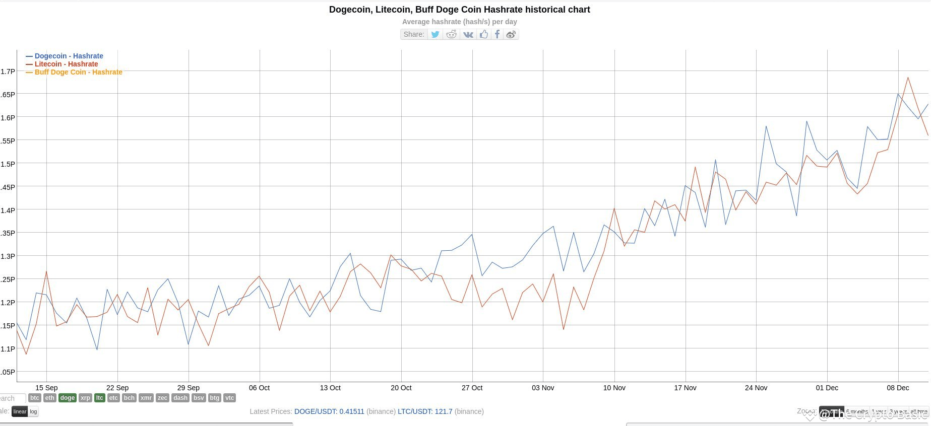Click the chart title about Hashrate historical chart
coord(459,10)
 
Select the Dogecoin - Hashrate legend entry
coord(69,56)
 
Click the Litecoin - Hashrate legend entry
coord(66,64)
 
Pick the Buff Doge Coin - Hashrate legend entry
coord(78,72)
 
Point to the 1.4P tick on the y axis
coord(8,210)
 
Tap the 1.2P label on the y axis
coord(8,302)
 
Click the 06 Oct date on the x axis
coord(259,388)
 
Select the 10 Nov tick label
coord(614,388)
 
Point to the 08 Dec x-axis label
coord(898,388)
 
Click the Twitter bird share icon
coord(435,34)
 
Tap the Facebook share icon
coord(497,34)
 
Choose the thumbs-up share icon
coord(483,34)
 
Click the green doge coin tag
coord(67,398)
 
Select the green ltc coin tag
coord(99,398)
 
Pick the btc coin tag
coord(34,398)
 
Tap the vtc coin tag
coord(229,398)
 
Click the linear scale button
coord(20,411)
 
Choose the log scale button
coord(33,411)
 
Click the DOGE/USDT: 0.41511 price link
coord(329,411)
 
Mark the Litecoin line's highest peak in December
coord(908,78)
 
